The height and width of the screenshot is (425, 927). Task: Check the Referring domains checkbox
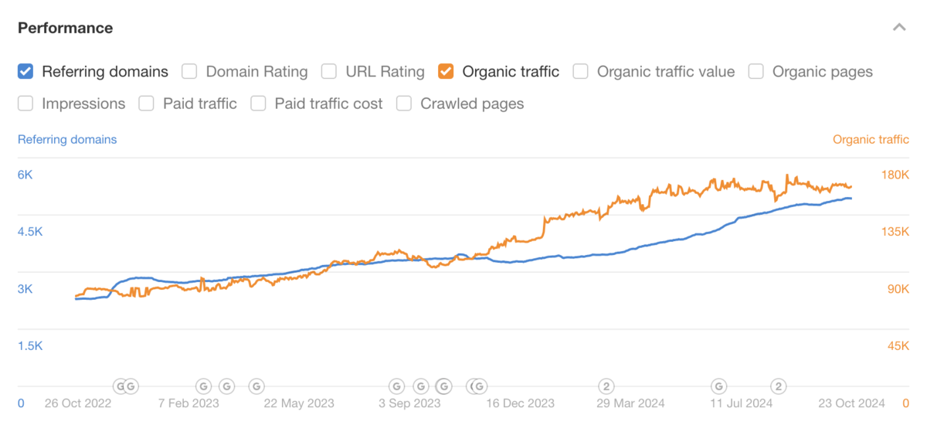coord(25,72)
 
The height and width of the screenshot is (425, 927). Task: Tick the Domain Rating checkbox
coord(189,72)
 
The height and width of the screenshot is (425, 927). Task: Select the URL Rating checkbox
coord(329,72)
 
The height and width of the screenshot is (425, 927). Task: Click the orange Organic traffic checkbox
coord(446,72)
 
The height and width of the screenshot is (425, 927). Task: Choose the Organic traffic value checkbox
coord(581,72)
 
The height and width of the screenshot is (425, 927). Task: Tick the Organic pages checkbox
coord(756,72)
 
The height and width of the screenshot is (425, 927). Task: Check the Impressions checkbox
coord(25,104)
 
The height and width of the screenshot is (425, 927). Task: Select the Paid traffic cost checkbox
coord(258,104)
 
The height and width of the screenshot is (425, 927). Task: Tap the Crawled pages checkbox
coord(404,104)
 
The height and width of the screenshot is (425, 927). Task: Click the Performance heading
coord(66,28)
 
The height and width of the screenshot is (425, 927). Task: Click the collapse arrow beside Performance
coord(898,28)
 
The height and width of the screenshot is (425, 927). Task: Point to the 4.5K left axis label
coord(30,232)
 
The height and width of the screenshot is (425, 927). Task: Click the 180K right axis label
coord(895,175)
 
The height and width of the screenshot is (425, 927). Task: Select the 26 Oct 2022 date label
coord(77,403)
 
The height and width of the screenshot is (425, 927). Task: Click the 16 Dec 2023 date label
coord(521,403)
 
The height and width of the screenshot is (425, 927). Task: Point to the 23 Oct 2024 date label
coord(853,403)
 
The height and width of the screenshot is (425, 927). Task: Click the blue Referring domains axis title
coord(67,140)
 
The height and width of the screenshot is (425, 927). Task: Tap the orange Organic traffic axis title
coord(871,140)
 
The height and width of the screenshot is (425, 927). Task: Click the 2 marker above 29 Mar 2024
coord(607,386)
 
